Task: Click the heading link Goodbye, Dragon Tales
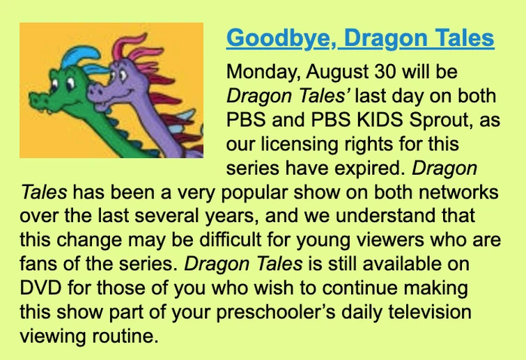tap(360, 38)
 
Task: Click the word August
tap(329, 72)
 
